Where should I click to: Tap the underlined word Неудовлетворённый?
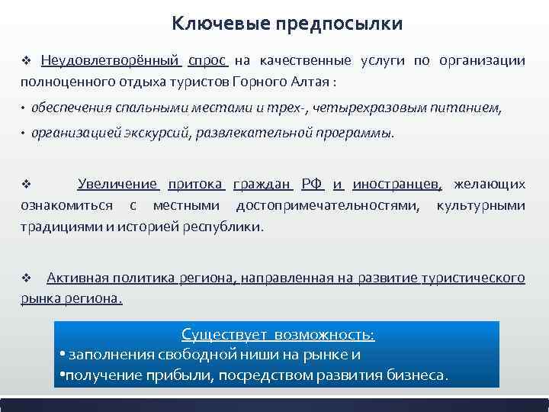pos(111,60)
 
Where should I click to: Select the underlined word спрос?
pos(207,60)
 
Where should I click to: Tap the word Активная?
pos(79,277)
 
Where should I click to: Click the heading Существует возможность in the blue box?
pos(278,334)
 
